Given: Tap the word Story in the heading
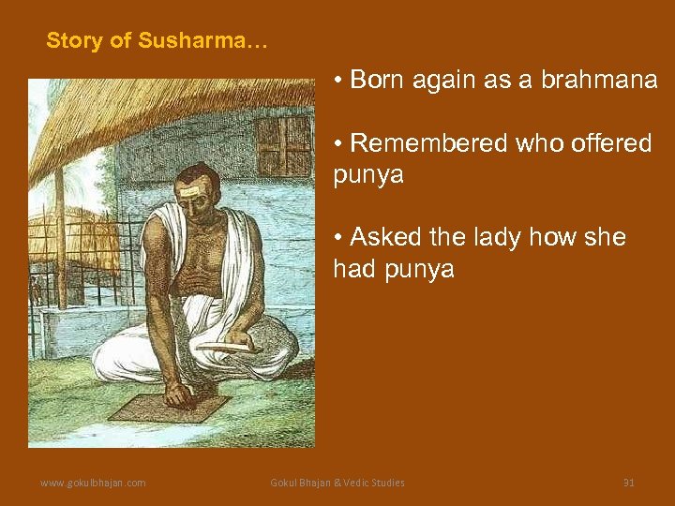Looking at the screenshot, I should point(69,41).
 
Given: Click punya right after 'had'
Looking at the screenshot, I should point(420,270).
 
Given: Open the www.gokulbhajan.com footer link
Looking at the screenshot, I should point(92,483).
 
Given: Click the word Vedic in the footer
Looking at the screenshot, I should point(359,483).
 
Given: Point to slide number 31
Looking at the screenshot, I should point(629,483).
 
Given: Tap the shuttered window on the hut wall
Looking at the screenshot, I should point(283,145).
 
